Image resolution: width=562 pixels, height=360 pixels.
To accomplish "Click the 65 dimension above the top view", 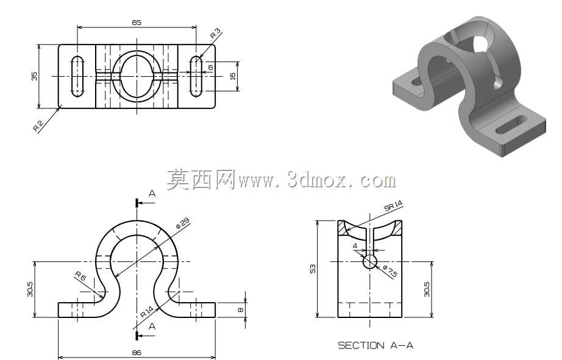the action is click(137, 23).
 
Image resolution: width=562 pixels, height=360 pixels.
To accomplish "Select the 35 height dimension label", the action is click(34, 76).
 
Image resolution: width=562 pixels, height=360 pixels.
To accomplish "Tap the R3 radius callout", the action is click(215, 34).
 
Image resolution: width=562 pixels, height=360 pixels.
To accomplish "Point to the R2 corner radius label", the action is click(38, 125).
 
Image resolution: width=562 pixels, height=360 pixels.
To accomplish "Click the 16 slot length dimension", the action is click(233, 76).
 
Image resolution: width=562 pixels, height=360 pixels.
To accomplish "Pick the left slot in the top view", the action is click(77, 76).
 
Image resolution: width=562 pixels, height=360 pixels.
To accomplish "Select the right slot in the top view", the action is click(196, 76).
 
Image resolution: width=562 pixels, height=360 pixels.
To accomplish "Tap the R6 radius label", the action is click(80, 276).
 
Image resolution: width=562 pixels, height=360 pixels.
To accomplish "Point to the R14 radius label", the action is click(146, 312).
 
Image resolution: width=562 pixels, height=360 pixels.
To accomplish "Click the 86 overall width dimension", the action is click(137, 353).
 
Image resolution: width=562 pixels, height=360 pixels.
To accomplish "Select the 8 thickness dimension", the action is click(241, 310).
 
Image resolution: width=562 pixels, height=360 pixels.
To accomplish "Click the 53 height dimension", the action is click(313, 269).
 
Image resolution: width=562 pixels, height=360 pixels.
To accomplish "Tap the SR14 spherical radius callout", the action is click(393, 206).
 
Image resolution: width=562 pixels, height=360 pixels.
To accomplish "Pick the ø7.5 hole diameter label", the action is click(390, 271).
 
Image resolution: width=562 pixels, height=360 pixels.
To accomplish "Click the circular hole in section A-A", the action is click(370, 261).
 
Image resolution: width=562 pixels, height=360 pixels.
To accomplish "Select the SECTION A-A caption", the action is click(375, 345).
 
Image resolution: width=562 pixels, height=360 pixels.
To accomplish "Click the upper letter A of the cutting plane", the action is click(152, 194).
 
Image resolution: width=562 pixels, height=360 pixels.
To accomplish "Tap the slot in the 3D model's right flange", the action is click(511, 125).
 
